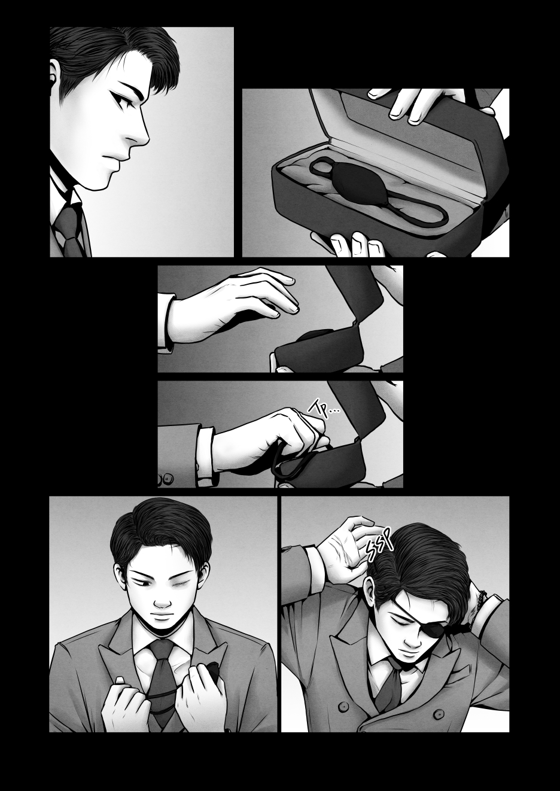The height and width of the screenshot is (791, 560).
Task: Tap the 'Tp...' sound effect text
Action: pyautogui.click(x=324, y=410)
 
